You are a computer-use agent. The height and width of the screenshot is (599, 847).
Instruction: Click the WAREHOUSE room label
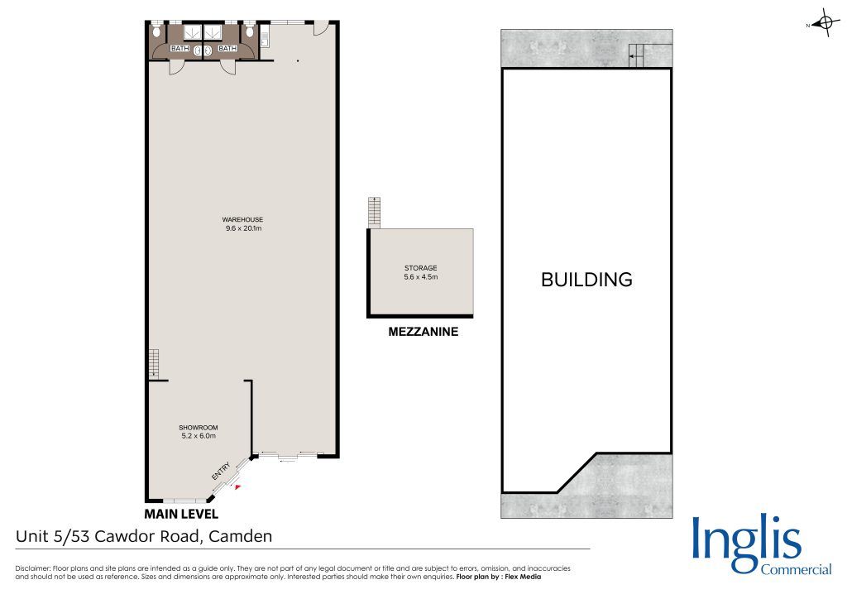tap(242, 219)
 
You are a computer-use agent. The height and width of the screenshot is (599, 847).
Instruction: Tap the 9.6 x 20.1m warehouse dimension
tap(244, 228)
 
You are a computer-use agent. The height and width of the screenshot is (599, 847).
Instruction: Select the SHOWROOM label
tap(199, 427)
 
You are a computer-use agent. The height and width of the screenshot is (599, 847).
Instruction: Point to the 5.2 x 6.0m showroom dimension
tap(199, 436)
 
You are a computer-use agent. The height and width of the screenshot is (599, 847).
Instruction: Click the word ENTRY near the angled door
tap(221, 471)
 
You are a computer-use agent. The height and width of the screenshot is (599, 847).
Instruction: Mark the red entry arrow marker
tap(237, 486)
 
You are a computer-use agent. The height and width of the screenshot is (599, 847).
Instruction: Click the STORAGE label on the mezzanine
tap(421, 268)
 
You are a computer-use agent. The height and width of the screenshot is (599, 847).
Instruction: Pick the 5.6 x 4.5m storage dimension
tap(421, 277)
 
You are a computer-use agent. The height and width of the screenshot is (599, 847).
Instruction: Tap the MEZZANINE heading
tap(423, 332)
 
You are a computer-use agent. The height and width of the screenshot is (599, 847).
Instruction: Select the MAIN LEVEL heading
tap(181, 514)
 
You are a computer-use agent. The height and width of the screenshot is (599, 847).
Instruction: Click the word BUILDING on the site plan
tap(586, 280)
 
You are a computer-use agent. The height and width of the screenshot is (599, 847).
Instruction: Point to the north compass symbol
tap(825, 23)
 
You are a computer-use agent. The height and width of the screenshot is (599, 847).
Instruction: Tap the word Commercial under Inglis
tap(797, 569)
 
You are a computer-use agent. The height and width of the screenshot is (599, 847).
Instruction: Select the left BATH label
tap(179, 49)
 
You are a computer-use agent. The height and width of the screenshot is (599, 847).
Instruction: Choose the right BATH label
tap(227, 49)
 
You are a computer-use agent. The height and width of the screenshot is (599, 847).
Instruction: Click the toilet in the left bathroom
tap(156, 30)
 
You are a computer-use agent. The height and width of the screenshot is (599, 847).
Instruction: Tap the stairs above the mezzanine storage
tap(375, 213)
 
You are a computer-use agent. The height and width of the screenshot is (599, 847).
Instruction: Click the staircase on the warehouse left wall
tap(155, 363)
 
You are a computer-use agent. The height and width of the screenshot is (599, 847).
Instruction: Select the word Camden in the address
tap(241, 536)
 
